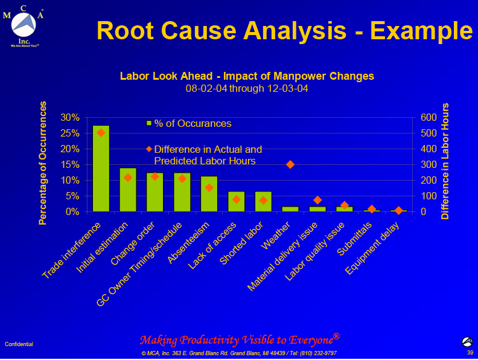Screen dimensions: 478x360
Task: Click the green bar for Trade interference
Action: tap(101, 169)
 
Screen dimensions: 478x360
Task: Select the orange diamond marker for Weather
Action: tap(290, 164)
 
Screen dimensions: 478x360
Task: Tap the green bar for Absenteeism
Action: tap(209, 194)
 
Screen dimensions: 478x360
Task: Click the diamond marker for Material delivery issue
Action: tap(317, 200)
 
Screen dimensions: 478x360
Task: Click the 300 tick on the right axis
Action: tap(429, 165)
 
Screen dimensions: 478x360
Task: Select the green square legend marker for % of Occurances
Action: tap(149, 123)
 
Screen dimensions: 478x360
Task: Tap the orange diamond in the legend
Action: tap(149, 149)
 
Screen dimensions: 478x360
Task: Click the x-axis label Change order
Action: tap(133, 243)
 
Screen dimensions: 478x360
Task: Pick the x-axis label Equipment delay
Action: tap(372, 248)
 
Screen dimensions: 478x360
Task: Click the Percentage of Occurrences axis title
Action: tap(43, 163)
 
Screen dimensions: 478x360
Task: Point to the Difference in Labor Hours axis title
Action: tap(445, 161)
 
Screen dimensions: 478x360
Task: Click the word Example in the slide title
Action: tap(421, 31)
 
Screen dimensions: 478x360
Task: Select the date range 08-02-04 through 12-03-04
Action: tap(247, 88)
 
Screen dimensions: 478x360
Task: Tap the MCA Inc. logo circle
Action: tap(24, 24)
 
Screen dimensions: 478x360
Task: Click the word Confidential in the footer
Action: tap(19, 344)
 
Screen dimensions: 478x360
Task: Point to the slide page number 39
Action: tap(470, 353)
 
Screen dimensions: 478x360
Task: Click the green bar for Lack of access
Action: tap(236, 201)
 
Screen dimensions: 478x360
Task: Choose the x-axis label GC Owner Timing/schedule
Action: tap(139, 264)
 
